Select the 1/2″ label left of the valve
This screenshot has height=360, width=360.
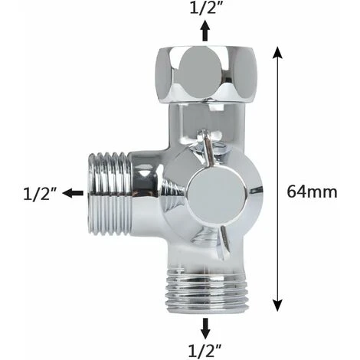(38, 193)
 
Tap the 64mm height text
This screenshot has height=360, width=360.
(312, 191)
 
